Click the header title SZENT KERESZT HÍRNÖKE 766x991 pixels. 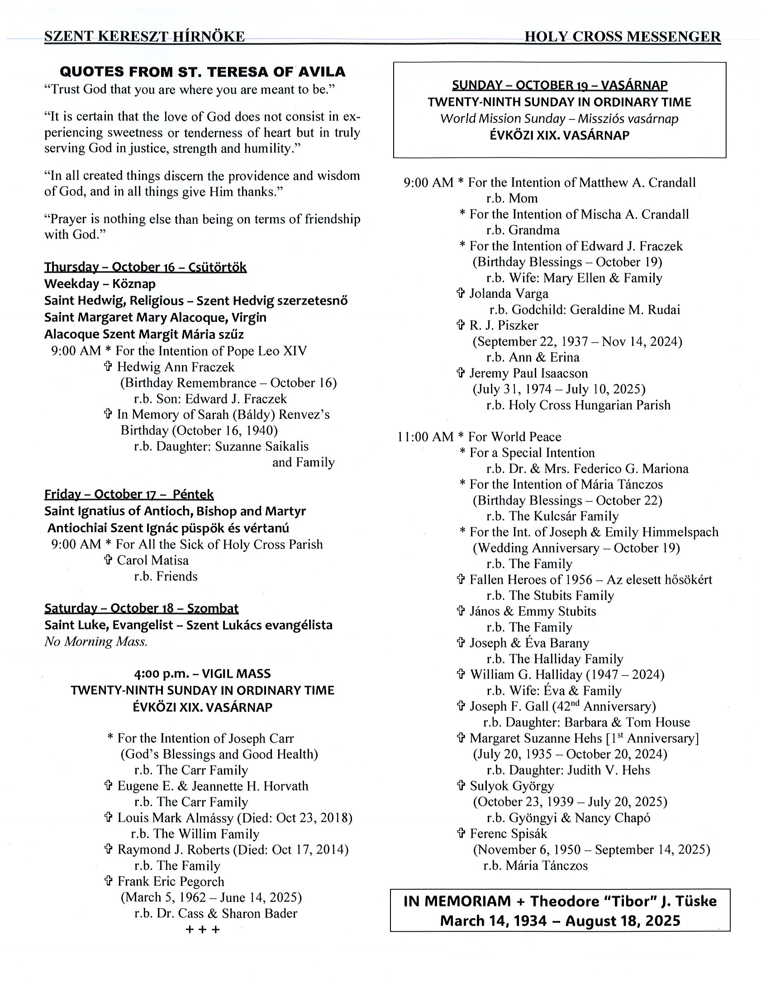click(x=144, y=36)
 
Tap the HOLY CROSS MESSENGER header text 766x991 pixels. click(x=622, y=36)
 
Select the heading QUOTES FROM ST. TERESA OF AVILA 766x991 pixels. click(x=203, y=72)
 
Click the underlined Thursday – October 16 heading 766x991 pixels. click(x=145, y=267)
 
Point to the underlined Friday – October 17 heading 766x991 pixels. click(x=129, y=494)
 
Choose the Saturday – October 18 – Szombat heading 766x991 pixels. click(x=141, y=608)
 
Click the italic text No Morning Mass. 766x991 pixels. click(x=96, y=642)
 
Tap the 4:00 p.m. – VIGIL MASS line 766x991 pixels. click(x=203, y=673)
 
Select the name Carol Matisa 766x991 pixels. click(x=152, y=561)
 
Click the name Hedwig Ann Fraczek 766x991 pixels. click(x=176, y=367)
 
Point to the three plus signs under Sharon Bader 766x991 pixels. click(x=203, y=930)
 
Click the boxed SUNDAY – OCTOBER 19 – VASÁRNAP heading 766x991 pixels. click(x=559, y=85)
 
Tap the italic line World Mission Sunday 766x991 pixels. click(x=559, y=119)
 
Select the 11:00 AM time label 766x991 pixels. click(x=425, y=437)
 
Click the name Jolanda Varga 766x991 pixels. click(x=509, y=293)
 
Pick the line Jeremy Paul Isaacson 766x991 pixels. click(x=528, y=373)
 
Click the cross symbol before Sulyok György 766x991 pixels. click(x=461, y=786)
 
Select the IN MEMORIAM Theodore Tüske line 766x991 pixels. click(x=560, y=901)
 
